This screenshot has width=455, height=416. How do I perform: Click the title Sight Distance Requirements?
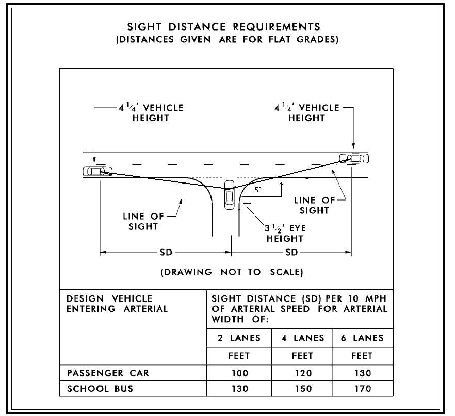[224, 27]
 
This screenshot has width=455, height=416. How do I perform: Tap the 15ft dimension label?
[256, 190]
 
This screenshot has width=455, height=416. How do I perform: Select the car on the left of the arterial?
[98, 171]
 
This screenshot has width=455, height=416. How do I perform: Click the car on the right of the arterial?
[354, 159]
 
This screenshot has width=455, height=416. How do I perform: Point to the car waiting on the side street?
[229, 194]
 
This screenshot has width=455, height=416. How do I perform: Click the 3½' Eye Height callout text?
[285, 234]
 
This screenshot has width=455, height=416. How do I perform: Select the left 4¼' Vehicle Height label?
[151, 113]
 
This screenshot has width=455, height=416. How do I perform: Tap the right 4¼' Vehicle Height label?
[307, 113]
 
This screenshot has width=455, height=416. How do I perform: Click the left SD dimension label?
[166, 252]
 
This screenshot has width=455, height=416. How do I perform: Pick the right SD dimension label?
[291, 252]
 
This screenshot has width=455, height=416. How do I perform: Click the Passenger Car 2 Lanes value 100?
[240, 373]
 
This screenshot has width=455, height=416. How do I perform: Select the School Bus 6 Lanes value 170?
[363, 389]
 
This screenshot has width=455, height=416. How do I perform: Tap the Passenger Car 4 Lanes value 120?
[303, 373]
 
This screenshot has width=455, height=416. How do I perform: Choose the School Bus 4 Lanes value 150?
[303, 389]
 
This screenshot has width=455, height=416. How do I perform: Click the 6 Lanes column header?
[362, 338]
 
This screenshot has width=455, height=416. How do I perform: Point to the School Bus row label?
[100, 389]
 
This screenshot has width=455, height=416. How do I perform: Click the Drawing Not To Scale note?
[232, 272]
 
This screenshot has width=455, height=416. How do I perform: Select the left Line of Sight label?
[143, 221]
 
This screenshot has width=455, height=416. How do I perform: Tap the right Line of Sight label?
[315, 205]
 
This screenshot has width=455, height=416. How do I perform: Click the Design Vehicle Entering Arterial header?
[117, 304]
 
